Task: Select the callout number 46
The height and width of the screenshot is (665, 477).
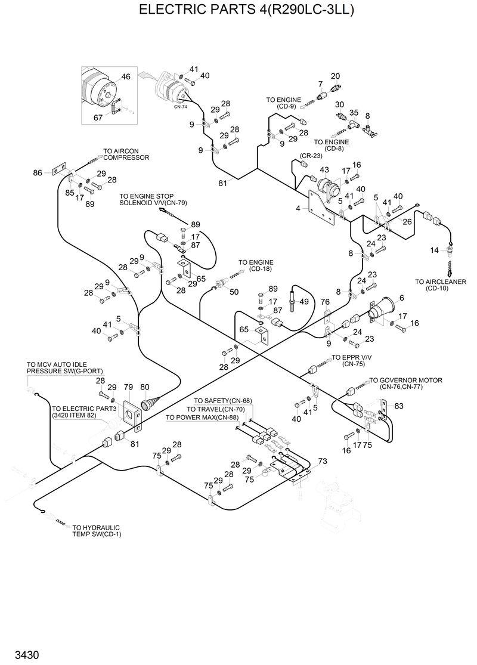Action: tap(125, 77)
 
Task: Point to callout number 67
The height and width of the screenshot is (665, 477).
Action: tap(98, 117)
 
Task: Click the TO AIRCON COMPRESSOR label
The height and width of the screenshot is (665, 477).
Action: tap(126, 154)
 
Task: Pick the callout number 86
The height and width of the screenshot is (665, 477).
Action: tap(38, 172)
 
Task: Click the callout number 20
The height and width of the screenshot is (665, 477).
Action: tap(335, 76)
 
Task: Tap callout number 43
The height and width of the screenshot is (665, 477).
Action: tap(324, 170)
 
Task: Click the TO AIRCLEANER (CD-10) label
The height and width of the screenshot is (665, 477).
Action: tap(441, 285)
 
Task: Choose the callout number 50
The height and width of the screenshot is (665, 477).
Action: tap(234, 292)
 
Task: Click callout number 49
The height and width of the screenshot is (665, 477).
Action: tap(304, 302)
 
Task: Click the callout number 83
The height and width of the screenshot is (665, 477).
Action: tap(398, 406)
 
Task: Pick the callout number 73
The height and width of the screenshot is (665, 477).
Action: tap(323, 461)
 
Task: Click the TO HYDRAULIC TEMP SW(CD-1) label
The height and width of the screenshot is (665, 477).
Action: tap(95, 530)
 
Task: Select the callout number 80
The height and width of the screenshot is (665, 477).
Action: tap(144, 387)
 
